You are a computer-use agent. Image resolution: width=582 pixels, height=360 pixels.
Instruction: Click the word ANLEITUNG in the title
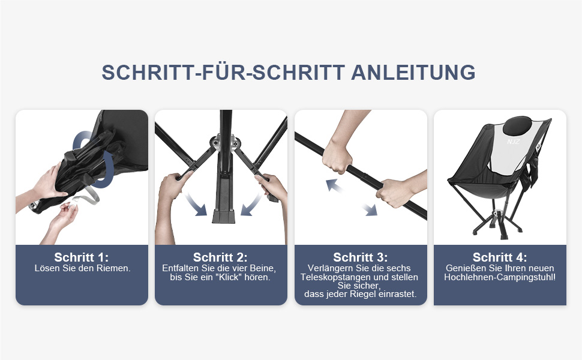(413, 73)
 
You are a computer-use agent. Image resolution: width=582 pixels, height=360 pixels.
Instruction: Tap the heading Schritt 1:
(81, 257)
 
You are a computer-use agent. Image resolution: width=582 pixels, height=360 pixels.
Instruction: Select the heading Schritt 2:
(220, 257)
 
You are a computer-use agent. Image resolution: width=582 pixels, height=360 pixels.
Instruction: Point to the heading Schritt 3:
(361, 257)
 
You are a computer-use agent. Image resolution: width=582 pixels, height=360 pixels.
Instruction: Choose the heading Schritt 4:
(500, 257)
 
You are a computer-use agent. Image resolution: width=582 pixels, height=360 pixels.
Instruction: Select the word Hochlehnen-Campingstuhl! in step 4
(500, 277)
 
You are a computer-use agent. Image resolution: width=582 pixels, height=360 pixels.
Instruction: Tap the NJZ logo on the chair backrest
(514, 142)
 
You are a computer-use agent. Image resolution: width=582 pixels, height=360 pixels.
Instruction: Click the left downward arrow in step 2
(196, 205)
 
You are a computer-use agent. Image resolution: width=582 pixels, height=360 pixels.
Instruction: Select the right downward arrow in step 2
(251, 205)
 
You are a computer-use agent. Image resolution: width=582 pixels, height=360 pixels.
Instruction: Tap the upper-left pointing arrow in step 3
(334, 185)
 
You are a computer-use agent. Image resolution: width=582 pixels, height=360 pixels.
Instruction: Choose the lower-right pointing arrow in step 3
(370, 209)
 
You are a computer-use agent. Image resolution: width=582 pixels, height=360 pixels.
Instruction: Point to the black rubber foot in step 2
(224, 217)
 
